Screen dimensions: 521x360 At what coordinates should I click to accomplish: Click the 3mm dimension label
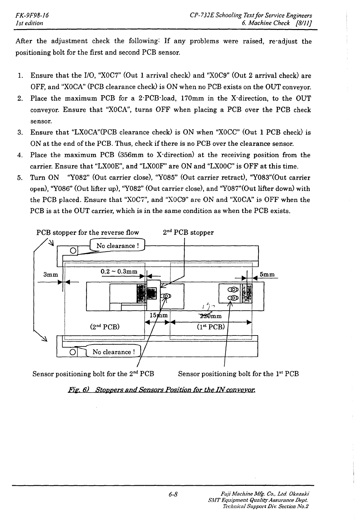tap(51, 275)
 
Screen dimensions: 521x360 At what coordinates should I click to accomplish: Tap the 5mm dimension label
tap(267, 275)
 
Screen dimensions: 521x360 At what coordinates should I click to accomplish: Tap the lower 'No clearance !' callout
tap(112, 352)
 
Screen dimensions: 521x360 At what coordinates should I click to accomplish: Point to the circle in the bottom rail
tap(73, 351)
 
